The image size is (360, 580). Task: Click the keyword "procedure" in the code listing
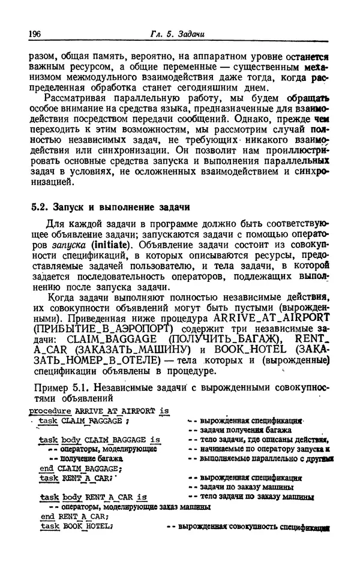coord(49,411)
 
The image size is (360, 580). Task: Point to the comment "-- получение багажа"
coord(83,458)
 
